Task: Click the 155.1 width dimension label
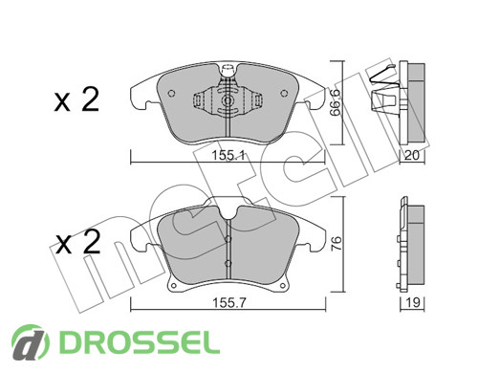(x=228, y=156)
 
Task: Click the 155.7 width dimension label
(x=229, y=303)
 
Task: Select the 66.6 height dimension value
(x=336, y=102)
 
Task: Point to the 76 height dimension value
(x=337, y=244)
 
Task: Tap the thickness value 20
(x=411, y=155)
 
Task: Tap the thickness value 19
(x=413, y=302)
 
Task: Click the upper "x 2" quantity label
(x=76, y=99)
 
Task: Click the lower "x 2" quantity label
(x=77, y=242)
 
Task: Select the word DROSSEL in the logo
(x=140, y=343)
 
